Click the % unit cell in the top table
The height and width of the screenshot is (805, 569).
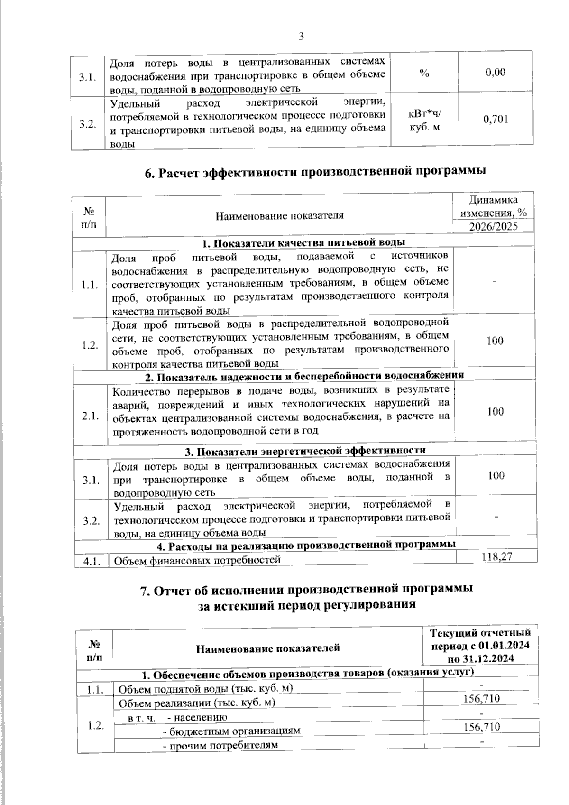[424, 73]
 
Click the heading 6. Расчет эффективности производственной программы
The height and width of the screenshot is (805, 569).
[315, 172]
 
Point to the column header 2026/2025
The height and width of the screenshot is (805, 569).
[494, 226]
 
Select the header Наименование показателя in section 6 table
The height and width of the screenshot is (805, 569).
[280, 216]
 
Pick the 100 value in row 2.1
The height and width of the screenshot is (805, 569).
[496, 411]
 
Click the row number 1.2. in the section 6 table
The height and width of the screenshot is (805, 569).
[90, 345]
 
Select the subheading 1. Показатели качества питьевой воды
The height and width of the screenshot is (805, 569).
[303, 243]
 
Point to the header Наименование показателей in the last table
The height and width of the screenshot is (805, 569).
[268, 648]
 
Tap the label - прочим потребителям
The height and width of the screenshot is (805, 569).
[220, 745]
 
